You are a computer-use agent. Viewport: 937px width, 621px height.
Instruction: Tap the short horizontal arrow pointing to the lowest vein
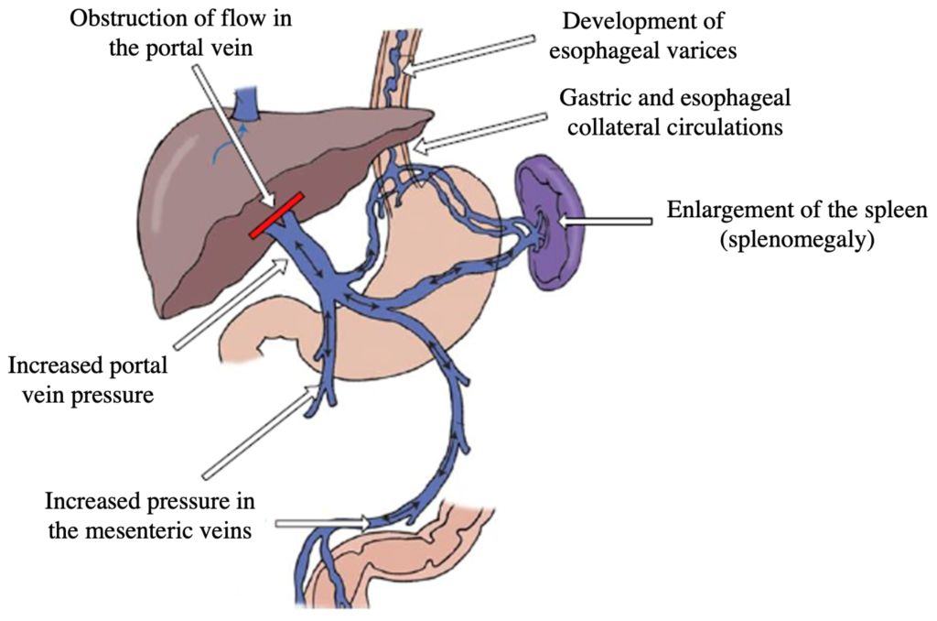(324, 523)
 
